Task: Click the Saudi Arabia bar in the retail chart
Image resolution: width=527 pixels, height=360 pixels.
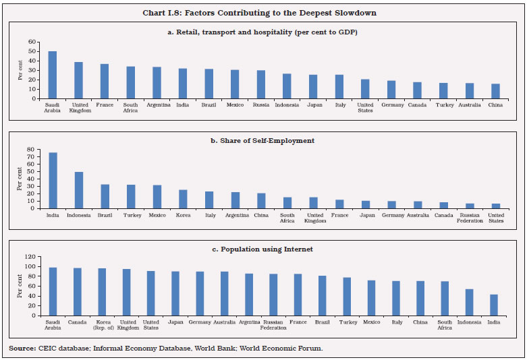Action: (52, 75)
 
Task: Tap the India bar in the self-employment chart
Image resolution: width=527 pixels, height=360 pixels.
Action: (52, 180)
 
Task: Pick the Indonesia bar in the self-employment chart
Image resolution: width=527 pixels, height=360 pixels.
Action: (78, 190)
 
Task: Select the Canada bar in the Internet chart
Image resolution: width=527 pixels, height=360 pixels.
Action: (78, 291)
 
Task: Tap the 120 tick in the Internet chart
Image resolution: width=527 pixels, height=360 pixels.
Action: (30, 257)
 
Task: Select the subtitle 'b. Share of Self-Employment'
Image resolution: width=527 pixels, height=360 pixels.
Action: (263, 141)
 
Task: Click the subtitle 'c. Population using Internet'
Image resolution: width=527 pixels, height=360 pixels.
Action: (263, 249)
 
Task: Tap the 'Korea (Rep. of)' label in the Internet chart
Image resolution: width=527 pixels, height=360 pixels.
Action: (103, 325)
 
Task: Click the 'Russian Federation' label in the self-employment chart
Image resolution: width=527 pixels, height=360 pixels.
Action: (470, 218)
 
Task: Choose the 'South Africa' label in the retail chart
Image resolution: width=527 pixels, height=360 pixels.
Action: (130, 108)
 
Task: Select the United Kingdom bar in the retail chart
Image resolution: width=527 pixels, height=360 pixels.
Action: (78, 80)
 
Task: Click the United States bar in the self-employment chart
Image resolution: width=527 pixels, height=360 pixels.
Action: (496, 206)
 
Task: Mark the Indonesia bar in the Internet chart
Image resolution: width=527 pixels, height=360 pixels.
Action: (468, 302)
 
